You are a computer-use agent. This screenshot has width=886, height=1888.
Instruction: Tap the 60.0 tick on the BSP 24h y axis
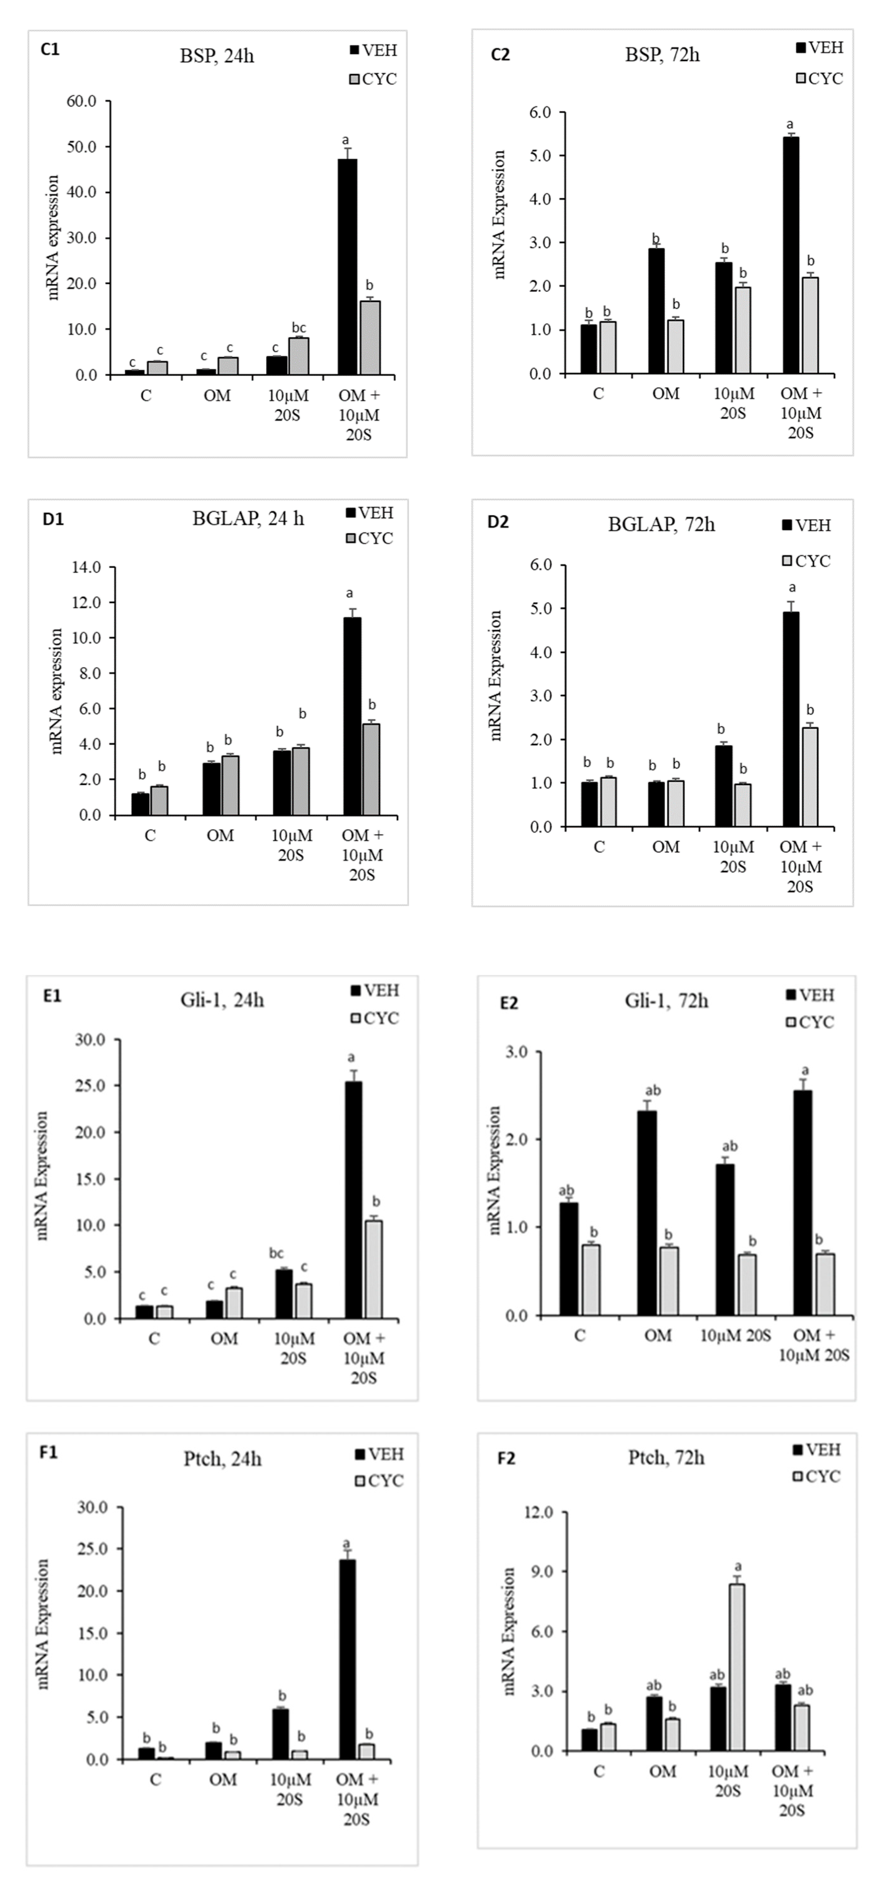81,101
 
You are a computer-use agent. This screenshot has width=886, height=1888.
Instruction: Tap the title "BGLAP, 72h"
661,525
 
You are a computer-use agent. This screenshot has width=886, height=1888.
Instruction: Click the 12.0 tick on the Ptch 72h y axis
538,1512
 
